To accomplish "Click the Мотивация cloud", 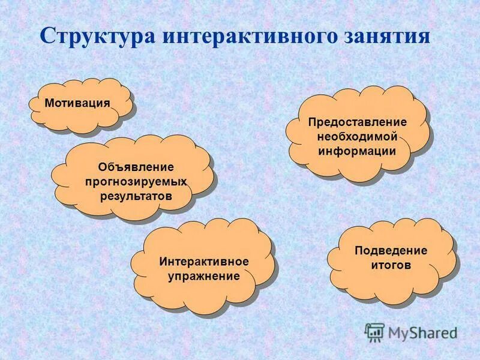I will pos(77,103).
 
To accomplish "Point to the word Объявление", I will pos(136,166).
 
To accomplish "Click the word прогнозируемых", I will pos(136,181).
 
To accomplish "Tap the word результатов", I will pos(136,196).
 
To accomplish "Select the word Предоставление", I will pos(357,122).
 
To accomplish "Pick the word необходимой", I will pos(357,136).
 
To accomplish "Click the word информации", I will pos(357,151).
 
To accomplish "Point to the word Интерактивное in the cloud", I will pos(204,262).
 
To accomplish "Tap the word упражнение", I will pos(204,276).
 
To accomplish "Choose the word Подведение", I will pos(391,250).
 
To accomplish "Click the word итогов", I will pos(391,265).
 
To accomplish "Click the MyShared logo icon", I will pos(374,332).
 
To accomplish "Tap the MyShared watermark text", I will pos(422,332).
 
